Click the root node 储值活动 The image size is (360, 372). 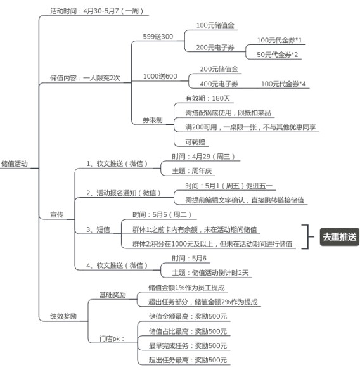click(x=15, y=164)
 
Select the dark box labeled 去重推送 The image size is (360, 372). click(x=340, y=237)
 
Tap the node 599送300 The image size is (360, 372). click(x=158, y=37)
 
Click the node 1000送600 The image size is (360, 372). click(x=160, y=76)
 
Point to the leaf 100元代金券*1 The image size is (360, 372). click(x=280, y=40)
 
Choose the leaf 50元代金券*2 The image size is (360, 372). click(x=277, y=55)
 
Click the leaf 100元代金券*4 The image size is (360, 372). click(x=283, y=84)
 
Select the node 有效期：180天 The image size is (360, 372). click(x=208, y=98)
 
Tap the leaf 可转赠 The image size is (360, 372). click(x=195, y=142)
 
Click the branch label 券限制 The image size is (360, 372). click(x=153, y=120)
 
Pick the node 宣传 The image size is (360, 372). click(x=56, y=214)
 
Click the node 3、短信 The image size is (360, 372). click(x=98, y=229)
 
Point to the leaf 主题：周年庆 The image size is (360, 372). click(x=192, y=171)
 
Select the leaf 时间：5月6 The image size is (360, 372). click(x=189, y=258)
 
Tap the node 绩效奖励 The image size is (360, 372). click(x=63, y=316)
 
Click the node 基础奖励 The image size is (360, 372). click(x=112, y=295)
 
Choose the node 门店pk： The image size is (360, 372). click(x=112, y=338)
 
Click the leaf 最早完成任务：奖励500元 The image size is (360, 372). click(x=188, y=345)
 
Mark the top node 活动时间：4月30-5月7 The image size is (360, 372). click(x=96, y=11)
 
